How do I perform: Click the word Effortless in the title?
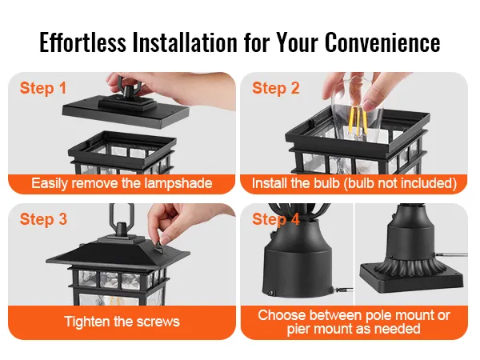[x=82, y=42]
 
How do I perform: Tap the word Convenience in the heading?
[x=382, y=42]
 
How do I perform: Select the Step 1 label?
[x=43, y=88]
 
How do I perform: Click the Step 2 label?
[x=276, y=88]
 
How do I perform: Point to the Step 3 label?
[x=43, y=219]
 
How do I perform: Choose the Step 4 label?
[x=276, y=219]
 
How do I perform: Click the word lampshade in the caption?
[x=178, y=183]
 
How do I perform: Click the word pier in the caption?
[x=298, y=330]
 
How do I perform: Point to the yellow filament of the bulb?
[x=357, y=120]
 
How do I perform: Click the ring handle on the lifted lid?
[x=128, y=83]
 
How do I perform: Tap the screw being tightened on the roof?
[x=159, y=246]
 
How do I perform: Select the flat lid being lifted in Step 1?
[x=126, y=110]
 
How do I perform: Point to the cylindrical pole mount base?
[x=298, y=266]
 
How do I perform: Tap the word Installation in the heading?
[x=185, y=42]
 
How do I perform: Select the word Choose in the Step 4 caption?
[x=278, y=315]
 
